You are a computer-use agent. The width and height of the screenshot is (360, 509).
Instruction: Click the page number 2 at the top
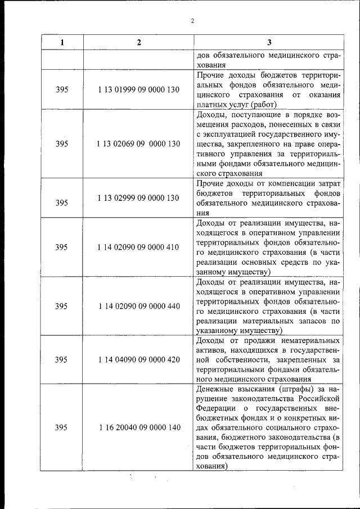click(192, 21)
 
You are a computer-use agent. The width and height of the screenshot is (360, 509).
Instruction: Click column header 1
click(62, 43)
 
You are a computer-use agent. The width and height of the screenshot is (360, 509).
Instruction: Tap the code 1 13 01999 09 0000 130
click(138, 90)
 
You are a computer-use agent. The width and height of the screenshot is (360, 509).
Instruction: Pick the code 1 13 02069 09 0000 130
click(138, 144)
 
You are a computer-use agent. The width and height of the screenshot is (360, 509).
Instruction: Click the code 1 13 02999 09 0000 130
click(138, 198)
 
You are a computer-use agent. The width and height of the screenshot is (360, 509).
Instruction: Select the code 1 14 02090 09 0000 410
click(138, 247)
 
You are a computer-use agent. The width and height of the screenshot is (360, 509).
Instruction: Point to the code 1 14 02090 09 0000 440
click(138, 306)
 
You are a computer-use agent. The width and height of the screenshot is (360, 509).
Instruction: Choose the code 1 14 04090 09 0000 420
click(138, 360)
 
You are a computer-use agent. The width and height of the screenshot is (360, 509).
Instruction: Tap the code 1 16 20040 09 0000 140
click(139, 427)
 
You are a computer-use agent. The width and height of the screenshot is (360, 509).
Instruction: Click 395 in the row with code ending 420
click(62, 360)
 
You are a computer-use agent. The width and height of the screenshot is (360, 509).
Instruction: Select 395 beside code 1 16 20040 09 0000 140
click(62, 427)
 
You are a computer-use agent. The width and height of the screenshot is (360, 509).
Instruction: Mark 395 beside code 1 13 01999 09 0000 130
click(62, 90)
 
